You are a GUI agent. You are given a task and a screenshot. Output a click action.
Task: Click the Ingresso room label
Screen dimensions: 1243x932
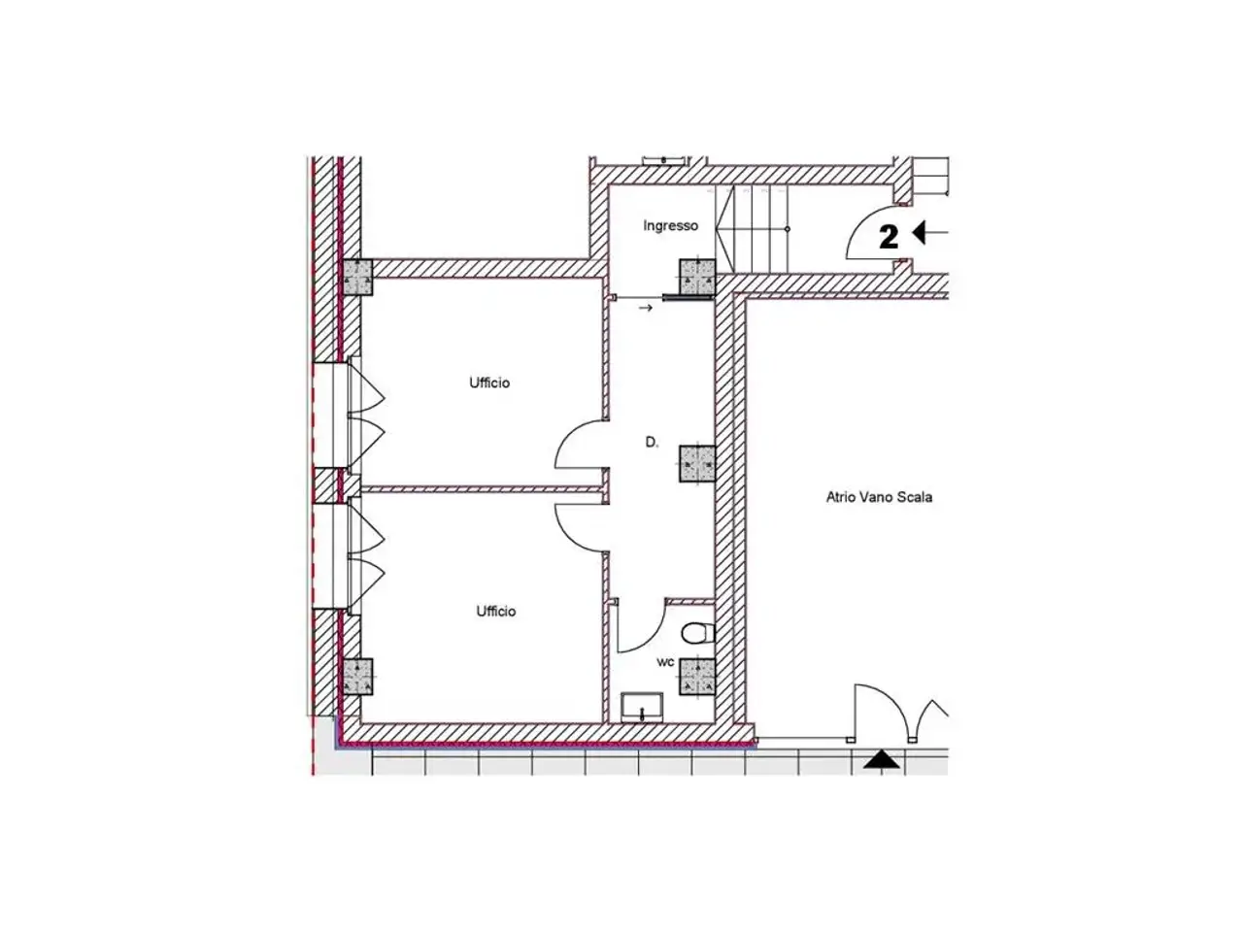tap(670, 226)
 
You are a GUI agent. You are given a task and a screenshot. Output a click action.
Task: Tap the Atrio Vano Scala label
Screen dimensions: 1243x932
tap(879, 497)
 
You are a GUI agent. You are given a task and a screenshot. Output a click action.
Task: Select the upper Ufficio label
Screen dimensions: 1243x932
tap(489, 383)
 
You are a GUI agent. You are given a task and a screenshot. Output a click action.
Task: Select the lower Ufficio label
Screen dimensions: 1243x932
tap(496, 612)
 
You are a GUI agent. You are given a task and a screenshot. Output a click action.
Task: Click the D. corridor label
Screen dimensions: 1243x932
tap(652, 442)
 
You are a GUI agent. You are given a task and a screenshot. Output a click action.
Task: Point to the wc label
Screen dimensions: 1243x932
tap(665, 661)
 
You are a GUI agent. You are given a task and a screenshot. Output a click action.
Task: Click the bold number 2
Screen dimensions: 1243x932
tap(889, 237)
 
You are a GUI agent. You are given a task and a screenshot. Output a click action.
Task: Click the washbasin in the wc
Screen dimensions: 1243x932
tap(642, 708)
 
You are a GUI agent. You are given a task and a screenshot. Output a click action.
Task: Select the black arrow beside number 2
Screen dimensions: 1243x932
tap(930, 232)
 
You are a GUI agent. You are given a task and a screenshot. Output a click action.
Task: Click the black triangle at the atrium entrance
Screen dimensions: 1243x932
tap(881, 759)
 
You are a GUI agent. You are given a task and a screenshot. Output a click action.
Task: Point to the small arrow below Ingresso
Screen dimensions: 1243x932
tap(646, 308)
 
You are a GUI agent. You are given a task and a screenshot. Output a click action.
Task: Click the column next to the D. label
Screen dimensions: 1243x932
tap(697, 464)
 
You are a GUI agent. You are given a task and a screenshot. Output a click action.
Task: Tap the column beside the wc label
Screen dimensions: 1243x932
tap(697, 677)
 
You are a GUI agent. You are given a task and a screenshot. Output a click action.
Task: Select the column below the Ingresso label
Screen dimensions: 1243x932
tap(697, 277)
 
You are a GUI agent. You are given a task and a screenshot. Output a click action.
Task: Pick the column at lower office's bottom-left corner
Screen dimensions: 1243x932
tap(358, 677)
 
